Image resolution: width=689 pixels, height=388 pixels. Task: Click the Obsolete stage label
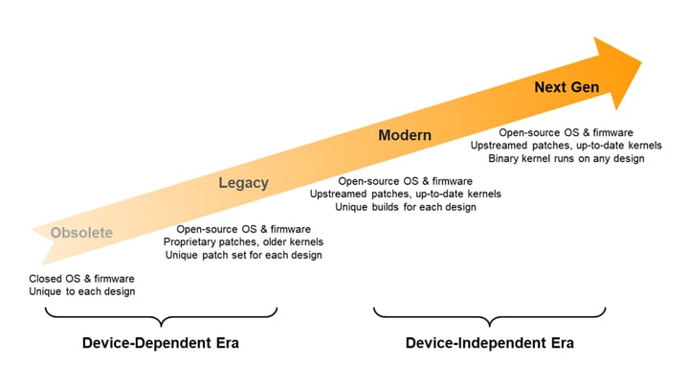[x=81, y=232]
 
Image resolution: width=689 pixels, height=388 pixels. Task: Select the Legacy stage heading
[x=243, y=182]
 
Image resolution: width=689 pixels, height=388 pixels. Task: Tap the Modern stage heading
[x=405, y=135]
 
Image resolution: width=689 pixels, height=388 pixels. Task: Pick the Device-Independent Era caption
[x=490, y=343]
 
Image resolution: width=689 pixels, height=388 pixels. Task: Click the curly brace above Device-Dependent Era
[x=153, y=315]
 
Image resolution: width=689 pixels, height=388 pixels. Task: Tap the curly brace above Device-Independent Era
[x=490, y=315]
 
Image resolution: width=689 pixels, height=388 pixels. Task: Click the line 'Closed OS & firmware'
[x=82, y=278]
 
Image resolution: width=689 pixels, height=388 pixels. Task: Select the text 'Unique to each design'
[x=82, y=291]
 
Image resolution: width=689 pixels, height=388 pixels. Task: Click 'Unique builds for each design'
[x=405, y=207]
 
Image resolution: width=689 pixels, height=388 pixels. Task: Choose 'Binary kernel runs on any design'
[x=567, y=158]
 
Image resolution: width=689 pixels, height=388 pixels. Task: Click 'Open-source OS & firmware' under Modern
[x=405, y=180]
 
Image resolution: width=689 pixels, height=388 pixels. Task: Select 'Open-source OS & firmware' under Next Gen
[x=567, y=131]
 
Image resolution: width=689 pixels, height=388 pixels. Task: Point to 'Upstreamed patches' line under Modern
[x=405, y=194]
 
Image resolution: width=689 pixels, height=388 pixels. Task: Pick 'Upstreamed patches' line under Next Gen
[x=567, y=145]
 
